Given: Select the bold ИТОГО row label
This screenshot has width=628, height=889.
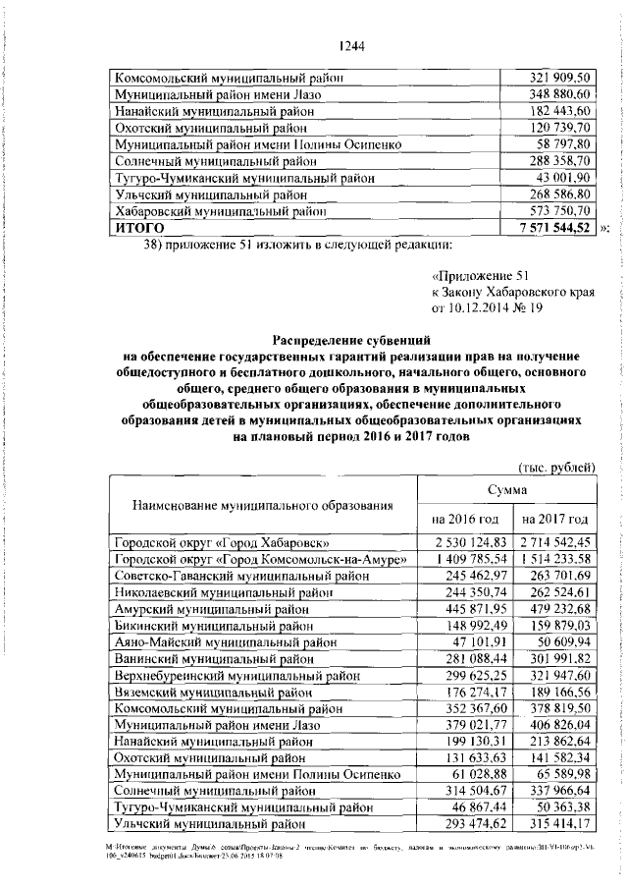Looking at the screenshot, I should (137, 228).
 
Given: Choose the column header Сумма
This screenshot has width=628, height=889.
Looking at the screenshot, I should (508, 488).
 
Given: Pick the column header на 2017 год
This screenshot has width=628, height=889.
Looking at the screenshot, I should (555, 518).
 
